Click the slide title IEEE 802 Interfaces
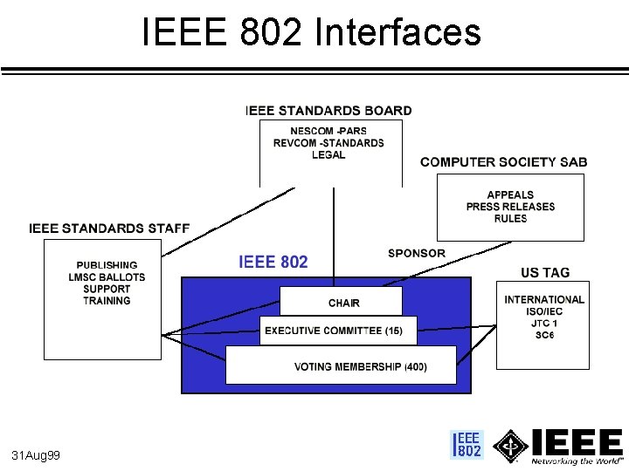[x=311, y=33]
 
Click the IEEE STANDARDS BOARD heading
[x=328, y=111]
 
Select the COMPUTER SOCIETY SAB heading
[x=503, y=162]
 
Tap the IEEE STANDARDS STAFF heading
[x=109, y=229]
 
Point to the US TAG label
[x=544, y=273]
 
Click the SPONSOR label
[x=417, y=254]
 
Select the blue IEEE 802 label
[x=273, y=262]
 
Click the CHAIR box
[x=342, y=303]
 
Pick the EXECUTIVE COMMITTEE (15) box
[x=333, y=331]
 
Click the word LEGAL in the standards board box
[x=328, y=155]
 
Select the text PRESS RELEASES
[x=510, y=207]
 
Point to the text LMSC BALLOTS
[x=107, y=277]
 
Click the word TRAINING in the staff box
[x=107, y=301]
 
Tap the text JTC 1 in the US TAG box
[x=544, y=324]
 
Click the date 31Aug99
[x=36, y=456]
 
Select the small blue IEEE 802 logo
[x=467, y=445]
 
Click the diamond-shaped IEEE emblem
[x=511, y=446]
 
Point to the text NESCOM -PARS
[x=328, y=132]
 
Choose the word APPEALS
[x=510, y=195]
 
